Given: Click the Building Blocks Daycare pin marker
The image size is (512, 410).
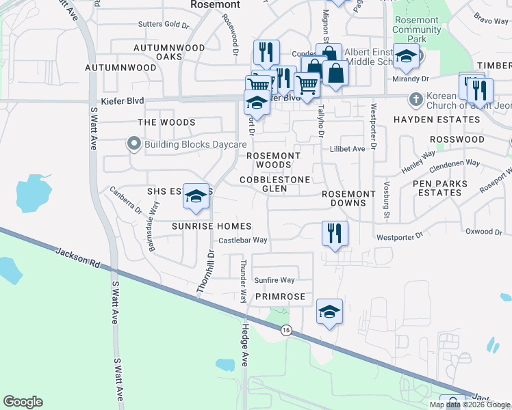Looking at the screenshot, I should (x=133, y=144).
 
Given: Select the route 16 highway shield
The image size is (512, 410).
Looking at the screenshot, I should (x=285, y=330).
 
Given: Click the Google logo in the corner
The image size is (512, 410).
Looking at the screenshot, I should (x=23, y=402).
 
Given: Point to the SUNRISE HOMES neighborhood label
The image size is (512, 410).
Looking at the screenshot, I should (x=212, y=226).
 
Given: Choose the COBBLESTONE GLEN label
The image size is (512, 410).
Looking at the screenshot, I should (x=274, y=184).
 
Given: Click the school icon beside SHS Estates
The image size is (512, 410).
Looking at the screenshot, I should (x=196, y=196).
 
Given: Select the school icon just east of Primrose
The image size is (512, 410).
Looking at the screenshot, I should (x=329, y=313).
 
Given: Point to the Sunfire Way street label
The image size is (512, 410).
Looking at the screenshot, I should (x=274, y=280).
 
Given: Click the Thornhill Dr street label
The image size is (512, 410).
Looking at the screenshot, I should (x=205, y=272).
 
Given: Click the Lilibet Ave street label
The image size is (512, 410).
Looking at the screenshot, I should (x=347, y=149).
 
